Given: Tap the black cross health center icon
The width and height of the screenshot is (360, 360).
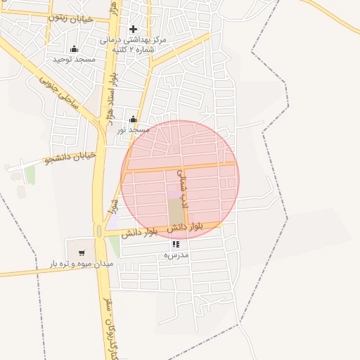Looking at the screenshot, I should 133,29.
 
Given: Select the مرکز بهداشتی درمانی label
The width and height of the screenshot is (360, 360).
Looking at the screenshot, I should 141,41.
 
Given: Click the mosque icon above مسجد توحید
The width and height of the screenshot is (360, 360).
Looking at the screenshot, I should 75,48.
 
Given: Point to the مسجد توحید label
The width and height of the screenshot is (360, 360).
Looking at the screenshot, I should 75,60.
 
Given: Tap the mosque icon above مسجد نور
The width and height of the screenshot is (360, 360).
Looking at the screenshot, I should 133,119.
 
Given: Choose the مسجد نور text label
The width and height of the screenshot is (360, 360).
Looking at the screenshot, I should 133,130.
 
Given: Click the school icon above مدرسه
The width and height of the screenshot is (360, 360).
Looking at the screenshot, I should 176,244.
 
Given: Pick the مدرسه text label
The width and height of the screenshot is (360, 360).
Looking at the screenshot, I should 176,255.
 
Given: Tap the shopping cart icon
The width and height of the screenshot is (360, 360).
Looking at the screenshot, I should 82,252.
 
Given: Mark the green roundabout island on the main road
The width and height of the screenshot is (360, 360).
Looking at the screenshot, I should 98,231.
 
